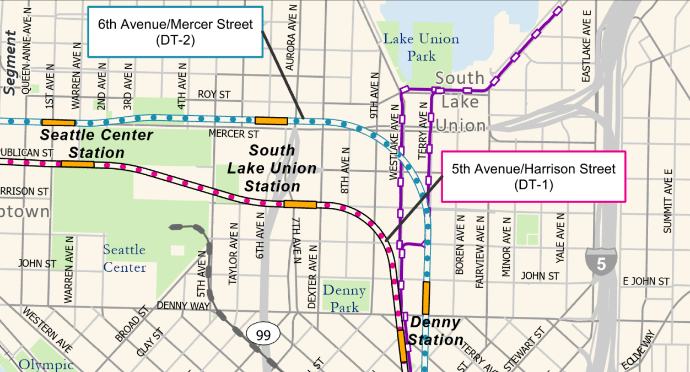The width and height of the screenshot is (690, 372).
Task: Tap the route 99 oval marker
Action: pos(263,333)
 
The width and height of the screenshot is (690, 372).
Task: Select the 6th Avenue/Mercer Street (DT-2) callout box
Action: pos(175,31)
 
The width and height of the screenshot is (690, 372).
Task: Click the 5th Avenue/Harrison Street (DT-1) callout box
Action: pos(533,176)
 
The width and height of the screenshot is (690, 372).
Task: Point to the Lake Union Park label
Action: pos(421,47)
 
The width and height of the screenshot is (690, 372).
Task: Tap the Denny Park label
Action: pos(344,298)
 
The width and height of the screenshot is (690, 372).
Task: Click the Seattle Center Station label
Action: pos(96,144)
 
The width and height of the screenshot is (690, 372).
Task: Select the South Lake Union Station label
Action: pos(272,168)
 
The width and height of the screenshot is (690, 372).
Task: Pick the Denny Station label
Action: pos(436,331)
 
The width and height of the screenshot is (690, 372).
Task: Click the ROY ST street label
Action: pos(214,95)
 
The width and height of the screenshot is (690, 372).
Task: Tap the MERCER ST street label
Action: pos(234,134)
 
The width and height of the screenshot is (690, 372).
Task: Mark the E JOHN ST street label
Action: pos(646,282)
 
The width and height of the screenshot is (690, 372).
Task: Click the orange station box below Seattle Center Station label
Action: pos(77,164)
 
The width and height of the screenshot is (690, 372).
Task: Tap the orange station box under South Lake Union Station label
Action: pos(300,204)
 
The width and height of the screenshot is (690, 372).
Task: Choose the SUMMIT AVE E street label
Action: pos(668,201)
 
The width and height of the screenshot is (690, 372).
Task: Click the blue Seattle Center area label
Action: pos(125,258)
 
